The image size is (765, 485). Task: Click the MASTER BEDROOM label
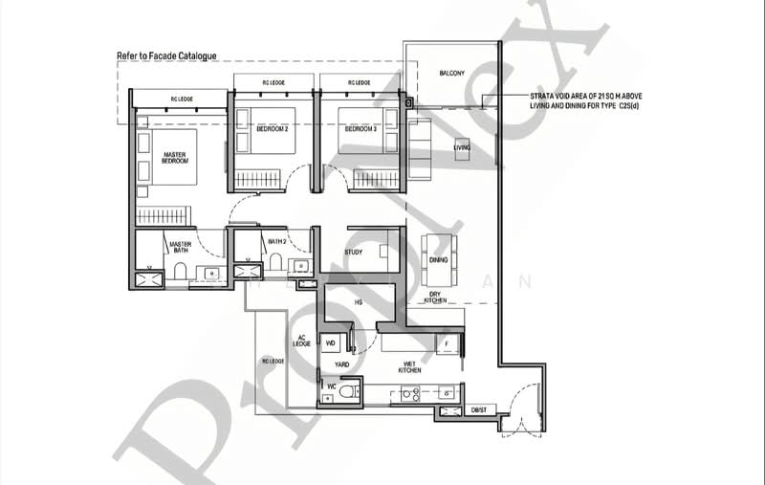pos(174,158)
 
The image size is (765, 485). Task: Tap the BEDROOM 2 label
pos(273,129)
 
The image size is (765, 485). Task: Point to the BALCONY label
pos(451,74)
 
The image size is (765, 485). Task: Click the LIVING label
pos(462,147)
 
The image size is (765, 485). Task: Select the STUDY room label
pos(353,253)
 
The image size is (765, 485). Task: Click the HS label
pos(359,302)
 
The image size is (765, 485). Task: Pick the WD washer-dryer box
pos(332,342)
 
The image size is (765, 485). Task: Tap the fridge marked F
pos(447,342)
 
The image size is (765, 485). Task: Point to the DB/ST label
pos(478,411)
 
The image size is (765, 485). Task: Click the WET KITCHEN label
pos(410,365)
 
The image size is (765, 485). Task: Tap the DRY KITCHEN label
pos(435,297)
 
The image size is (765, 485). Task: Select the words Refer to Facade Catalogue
pos(166,56)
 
